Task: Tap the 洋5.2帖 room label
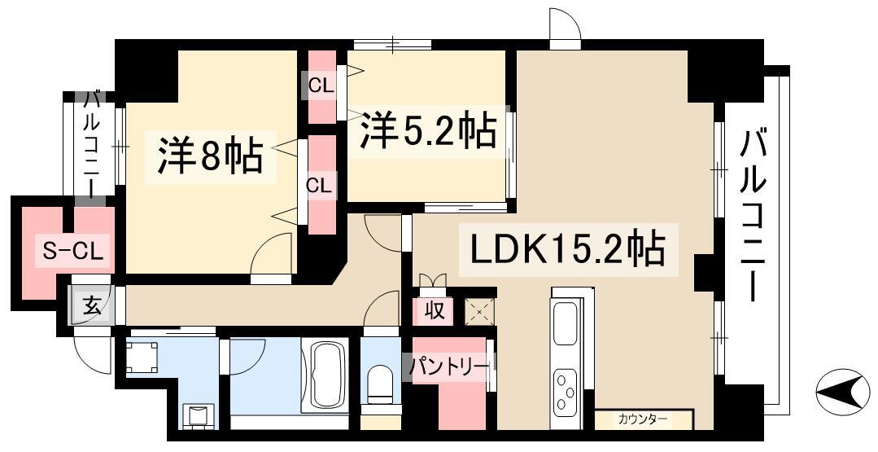pyautogui.click(x=429, y=130)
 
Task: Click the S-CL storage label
pyautogui.click(x=72, y=253)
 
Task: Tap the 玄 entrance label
pyautogui.click(x=91, y=307)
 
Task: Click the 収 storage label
pyautogui.click(x=434, y=310)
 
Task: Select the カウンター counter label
pyautogui.click(x=642, y=419)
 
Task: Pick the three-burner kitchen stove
pyautogui.click(x=566, y=392)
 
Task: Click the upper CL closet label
pyautogui.click(x=321, y=85)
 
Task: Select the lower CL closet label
pyautogui.click(x=320, y=185)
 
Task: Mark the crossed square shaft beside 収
pyautogui.click(x=478, y=312)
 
